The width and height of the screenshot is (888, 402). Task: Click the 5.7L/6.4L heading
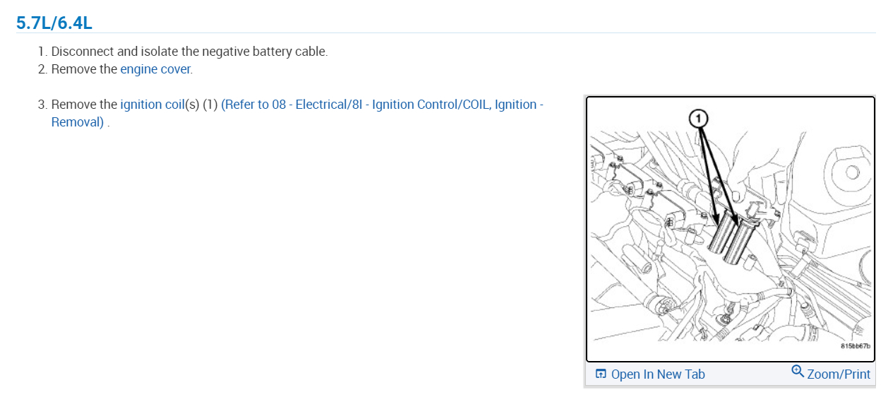pos(54,23)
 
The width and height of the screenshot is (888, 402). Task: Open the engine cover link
pos(155,69)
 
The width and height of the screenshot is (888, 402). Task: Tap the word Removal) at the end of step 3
pos(78,122)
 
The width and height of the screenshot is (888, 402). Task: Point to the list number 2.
pos(42,69)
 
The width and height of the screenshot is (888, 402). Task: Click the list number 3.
pos(42,105)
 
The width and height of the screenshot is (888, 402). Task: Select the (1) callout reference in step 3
pos(210,105)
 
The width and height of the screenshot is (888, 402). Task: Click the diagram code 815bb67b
pos(855,346)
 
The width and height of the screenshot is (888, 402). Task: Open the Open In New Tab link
pos(657,374)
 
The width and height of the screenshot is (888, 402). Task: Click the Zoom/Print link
pos(839,374)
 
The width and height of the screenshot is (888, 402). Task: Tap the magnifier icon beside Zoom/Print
pos(798,372)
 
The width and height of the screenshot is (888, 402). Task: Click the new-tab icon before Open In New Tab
pos(601,374)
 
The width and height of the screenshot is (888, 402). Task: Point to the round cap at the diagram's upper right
pos(851,172)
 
